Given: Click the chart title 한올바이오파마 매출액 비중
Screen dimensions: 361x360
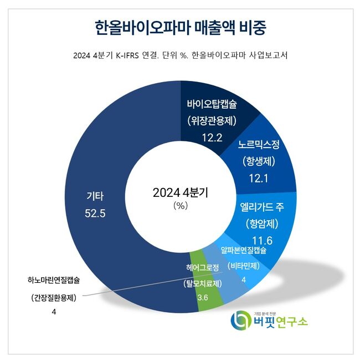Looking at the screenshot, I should coord(180,27).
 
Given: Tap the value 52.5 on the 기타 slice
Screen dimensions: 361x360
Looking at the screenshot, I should coord(95,213).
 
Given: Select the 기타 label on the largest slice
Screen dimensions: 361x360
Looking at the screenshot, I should coord(95,196).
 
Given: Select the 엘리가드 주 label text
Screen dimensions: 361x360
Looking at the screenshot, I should coord(262,207).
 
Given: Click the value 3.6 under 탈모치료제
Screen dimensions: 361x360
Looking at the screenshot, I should coord(203,298).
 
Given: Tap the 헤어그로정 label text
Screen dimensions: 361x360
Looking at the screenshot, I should coord(203,267).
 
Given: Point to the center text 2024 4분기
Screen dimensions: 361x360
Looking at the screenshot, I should coord(180,192).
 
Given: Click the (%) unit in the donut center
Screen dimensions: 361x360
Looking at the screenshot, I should coord(181,205).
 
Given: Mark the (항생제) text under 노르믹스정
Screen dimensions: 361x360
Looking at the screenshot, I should coord(259,161).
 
